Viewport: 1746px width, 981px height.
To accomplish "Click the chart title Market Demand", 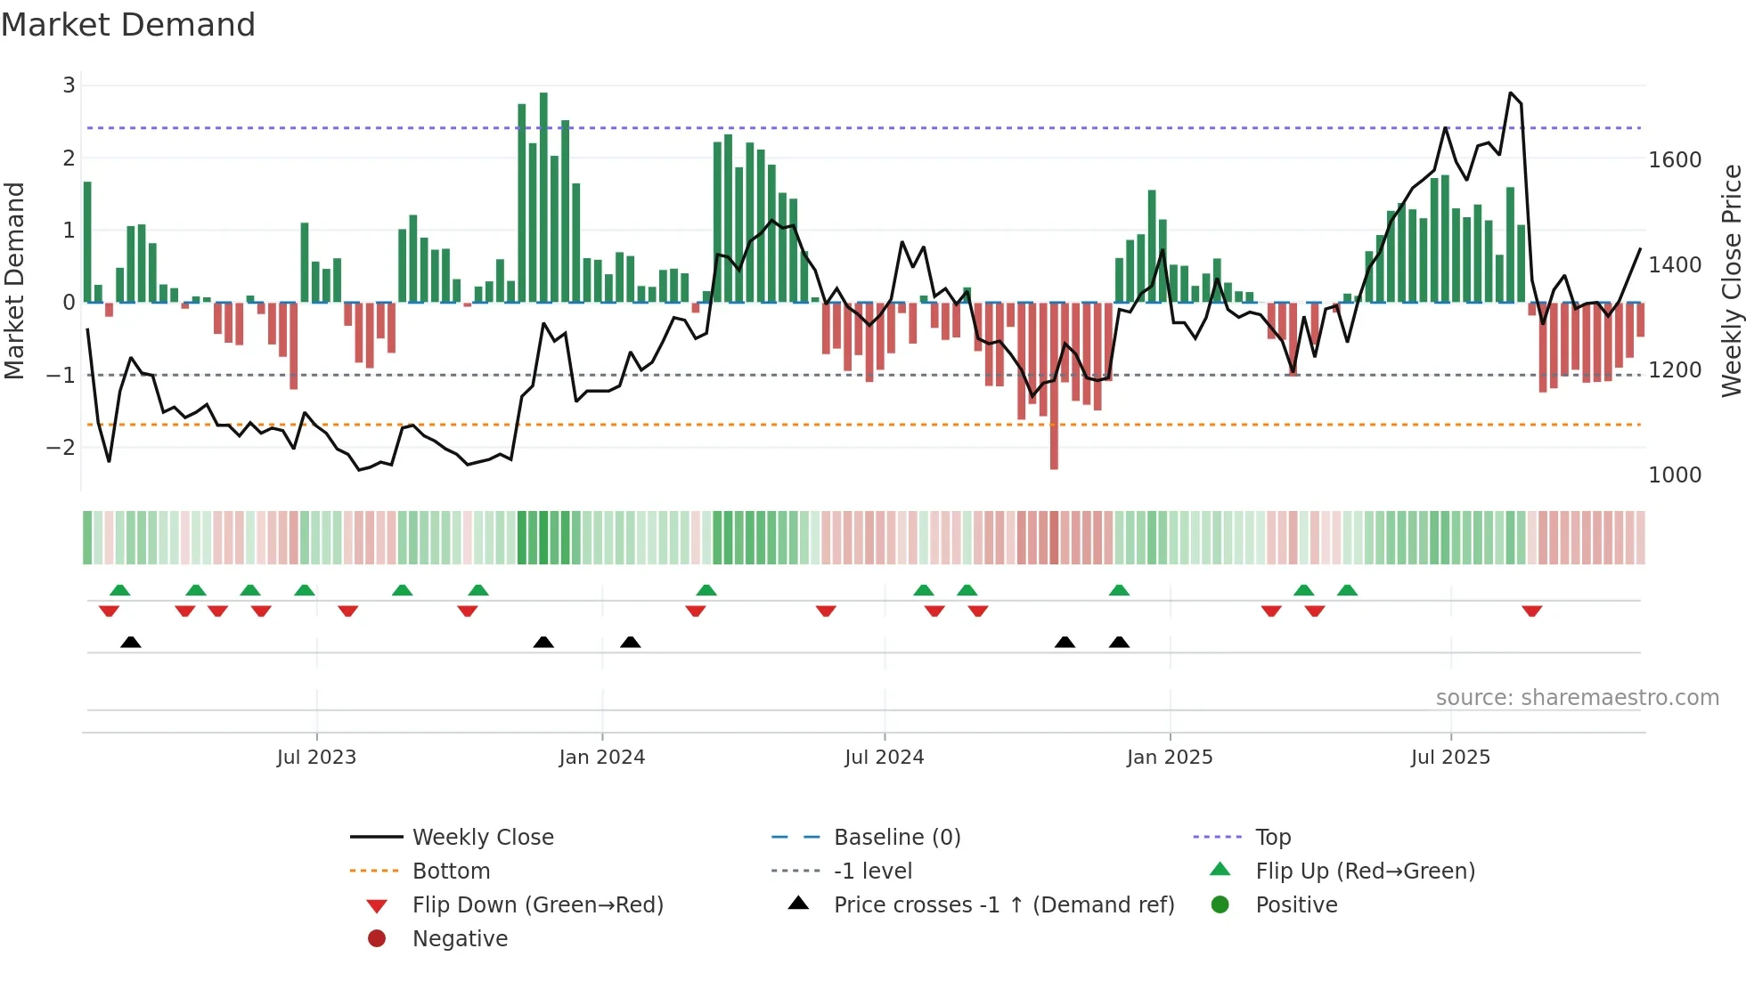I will coord(128,25).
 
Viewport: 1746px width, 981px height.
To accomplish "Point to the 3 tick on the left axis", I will coord(69,85).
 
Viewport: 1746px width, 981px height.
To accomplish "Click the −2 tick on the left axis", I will coord(61,447).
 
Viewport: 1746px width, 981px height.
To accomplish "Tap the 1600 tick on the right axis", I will coord(1674,160).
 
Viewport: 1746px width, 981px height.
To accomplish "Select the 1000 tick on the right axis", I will coord(1674,475).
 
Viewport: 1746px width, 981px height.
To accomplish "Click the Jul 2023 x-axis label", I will coord(316,758).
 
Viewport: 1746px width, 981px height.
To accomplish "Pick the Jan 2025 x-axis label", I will coord(1169,758).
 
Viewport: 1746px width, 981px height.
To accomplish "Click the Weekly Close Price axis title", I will coord(1731,280).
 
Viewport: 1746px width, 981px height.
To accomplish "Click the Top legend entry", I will coord(1272,838).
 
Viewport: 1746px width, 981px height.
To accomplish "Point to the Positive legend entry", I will coord(1296,905).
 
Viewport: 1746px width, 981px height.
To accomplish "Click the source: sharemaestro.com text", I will coord(1577,698).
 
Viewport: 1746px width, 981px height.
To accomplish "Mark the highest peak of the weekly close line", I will coord(1511,93).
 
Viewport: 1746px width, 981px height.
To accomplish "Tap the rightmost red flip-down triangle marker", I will coord(1531,611).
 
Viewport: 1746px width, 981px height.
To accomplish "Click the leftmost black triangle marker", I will coord(131,642).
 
